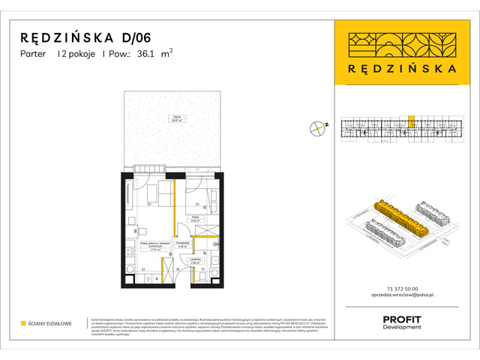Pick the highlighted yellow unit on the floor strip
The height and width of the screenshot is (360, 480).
tap(411, 121)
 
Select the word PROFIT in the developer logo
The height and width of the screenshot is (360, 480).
tap(402, 319)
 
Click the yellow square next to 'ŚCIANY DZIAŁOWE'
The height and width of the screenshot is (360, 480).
tap(23, 324)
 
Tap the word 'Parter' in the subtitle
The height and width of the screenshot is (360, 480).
tap(34, 54)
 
